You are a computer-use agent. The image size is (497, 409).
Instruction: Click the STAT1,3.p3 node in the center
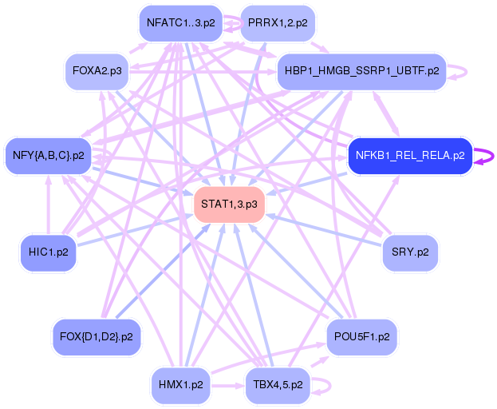tap(229, 204)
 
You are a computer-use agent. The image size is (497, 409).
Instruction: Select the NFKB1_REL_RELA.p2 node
tap(410, 156)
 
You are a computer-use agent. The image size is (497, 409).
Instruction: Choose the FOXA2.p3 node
tap(97, 71)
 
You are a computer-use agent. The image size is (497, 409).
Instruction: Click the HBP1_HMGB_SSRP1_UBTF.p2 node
tap(361, 71)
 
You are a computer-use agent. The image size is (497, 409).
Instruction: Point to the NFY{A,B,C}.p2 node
tap(49, 156)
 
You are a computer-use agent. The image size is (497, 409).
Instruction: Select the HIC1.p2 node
tap(49, 252)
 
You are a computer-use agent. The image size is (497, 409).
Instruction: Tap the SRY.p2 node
tap(410, 252)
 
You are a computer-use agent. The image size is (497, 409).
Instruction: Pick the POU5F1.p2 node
tap(361, 336)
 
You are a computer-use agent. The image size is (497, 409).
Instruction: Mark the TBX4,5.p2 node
tap(274, 384)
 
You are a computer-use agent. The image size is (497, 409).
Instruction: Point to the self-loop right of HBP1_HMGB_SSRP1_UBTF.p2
tap(460, 71)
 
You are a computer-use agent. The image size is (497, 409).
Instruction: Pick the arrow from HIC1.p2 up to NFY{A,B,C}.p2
tap(49, 205)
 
